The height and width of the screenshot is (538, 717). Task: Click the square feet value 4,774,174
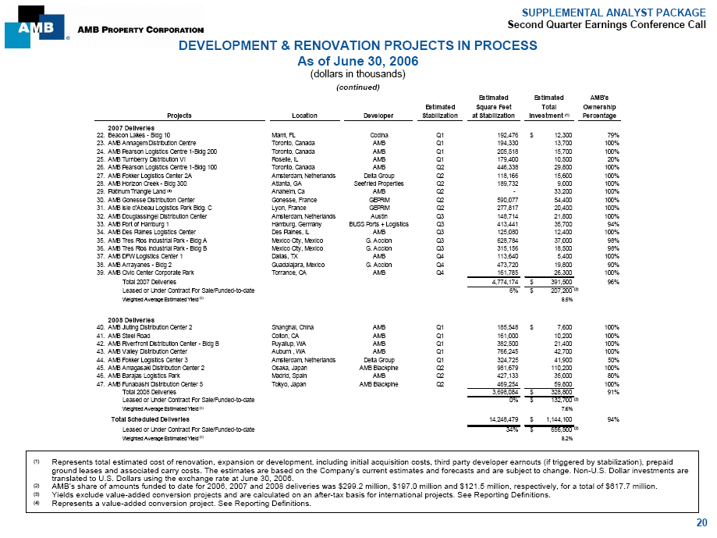pyautogui.click(x=495, y=281)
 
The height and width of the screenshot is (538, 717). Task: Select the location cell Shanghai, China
pyautogui.click(x=280, y=326)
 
